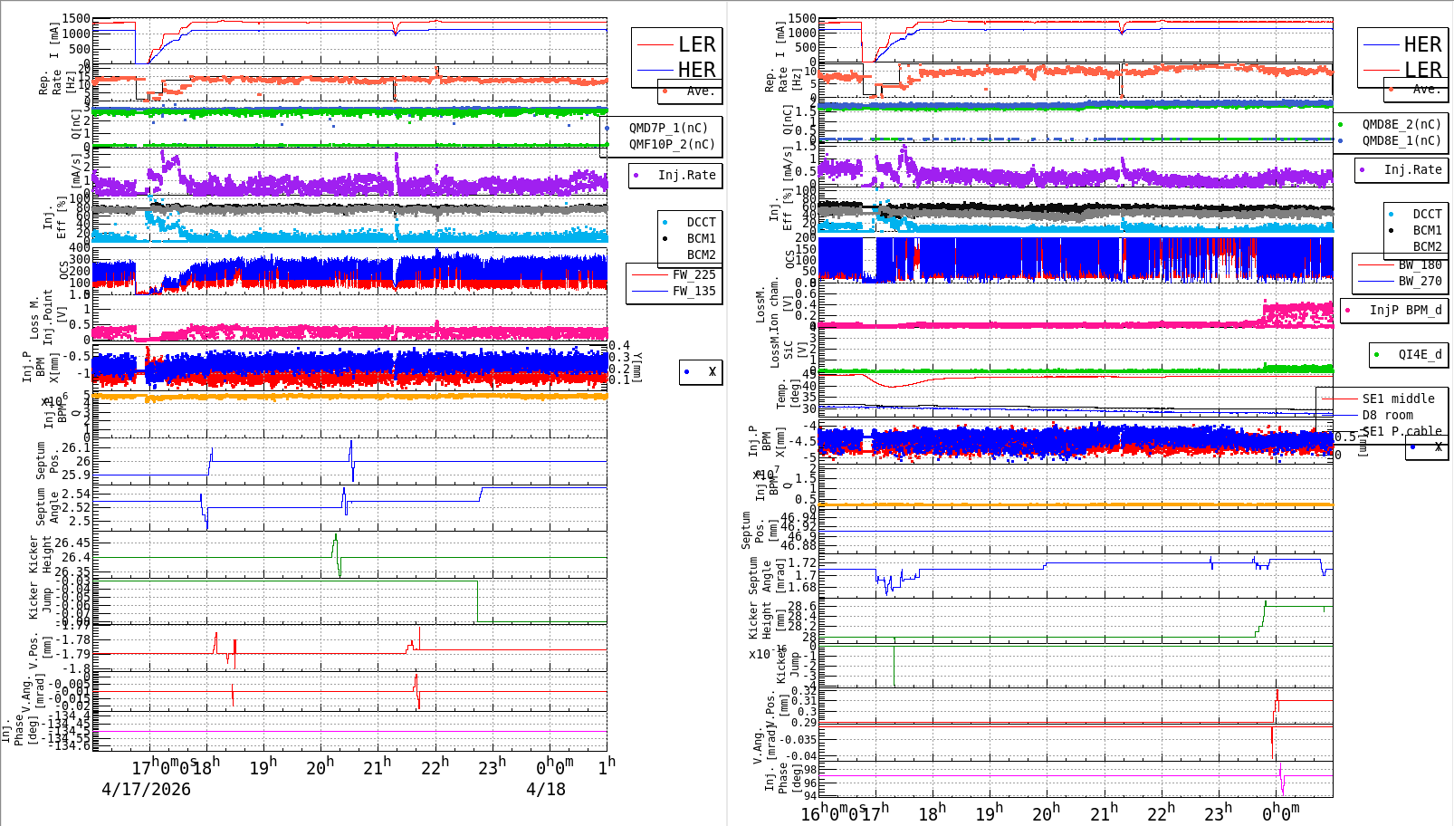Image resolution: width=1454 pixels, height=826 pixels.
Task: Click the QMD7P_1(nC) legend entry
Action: (x=668, y=128)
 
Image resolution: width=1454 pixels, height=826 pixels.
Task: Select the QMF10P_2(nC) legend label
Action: (x=671, y=144)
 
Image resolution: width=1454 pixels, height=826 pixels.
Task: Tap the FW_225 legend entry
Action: (x=694, y=274)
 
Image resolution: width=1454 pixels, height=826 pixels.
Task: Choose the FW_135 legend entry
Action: (x=694, y=291)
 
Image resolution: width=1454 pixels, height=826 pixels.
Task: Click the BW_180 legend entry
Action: (x=1420, y=264)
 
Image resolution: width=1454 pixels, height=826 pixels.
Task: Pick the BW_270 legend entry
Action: (x=1420, y=281)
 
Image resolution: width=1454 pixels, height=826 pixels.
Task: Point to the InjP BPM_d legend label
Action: (x=1405, y=310)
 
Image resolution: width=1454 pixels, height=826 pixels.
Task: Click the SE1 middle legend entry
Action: (x=1398, y=399)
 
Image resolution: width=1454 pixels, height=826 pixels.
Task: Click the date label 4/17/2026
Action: (x=146, y=789)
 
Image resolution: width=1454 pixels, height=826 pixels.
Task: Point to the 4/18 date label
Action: (x=546, y=789)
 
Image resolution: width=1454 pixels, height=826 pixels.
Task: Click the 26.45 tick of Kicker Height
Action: (x=72, y=543)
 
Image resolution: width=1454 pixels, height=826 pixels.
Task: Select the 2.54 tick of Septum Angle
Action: (x=76, y=494)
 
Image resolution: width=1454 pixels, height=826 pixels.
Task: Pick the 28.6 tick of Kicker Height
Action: (x=801, y=606)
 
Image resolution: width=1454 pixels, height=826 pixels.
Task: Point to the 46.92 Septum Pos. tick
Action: (x=798, y=525)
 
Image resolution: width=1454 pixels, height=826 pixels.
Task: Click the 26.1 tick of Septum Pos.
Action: (x=76, y=447)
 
